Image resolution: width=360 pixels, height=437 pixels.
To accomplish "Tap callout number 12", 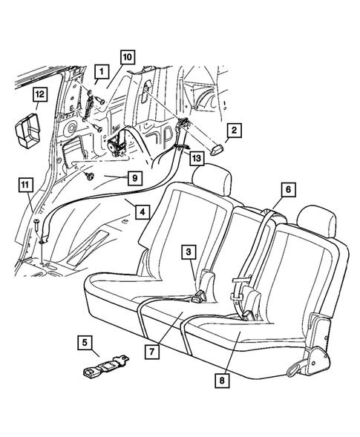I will coord(39,94).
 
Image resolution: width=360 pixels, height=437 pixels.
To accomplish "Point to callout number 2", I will coord(232,131).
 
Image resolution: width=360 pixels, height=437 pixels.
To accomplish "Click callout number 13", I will coord(195,158).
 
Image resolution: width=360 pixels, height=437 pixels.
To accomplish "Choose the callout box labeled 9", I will coord(134,178).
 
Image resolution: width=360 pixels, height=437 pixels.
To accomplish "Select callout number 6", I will coord(287,189).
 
